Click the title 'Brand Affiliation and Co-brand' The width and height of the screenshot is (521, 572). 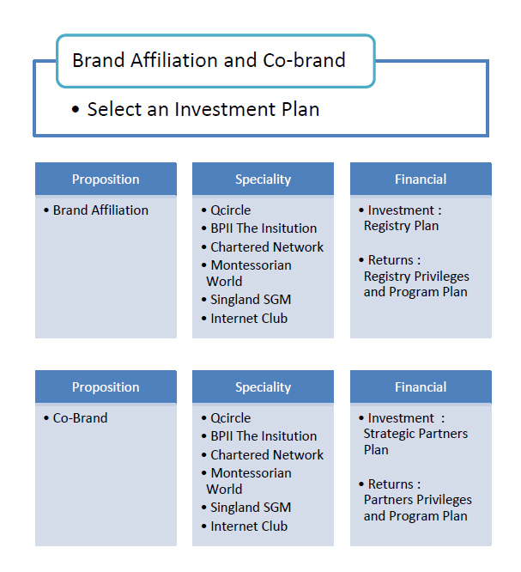point(209,60)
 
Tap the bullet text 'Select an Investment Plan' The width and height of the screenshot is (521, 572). point(203,109)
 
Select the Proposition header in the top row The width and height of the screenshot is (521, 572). point(106,180)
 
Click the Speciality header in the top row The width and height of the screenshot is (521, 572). point(263,180)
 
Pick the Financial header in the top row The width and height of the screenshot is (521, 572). point(421,180)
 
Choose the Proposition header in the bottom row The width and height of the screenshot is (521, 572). point(106,387)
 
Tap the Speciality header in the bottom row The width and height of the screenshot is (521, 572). point(263,387)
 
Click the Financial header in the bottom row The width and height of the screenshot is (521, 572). point(421,387)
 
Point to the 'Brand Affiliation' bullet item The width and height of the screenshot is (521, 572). point(100,210)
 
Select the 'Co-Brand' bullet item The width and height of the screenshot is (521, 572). point(80,418)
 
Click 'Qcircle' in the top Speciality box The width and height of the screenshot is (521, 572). point(231,210)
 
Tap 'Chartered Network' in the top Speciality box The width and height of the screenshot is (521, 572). point(267,247)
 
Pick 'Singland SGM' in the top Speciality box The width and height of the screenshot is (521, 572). point(251,300)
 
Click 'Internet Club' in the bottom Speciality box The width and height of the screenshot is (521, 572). point(249,526)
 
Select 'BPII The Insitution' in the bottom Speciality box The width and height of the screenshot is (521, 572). point(264,436)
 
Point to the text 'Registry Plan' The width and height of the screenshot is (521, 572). point(401,226)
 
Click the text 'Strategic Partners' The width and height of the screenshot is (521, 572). point(415,434)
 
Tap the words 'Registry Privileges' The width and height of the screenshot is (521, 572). point(416,277)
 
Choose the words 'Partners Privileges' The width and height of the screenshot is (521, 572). point(418,500)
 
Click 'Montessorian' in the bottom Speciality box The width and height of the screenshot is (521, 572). point(251,473)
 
